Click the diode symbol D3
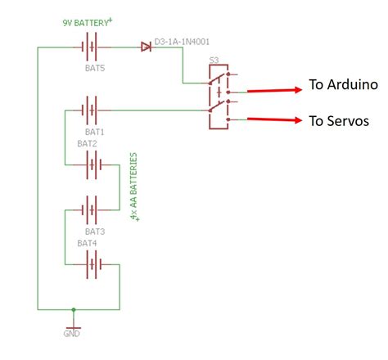(x=147, y=47)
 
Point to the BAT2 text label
(x=87, y=143)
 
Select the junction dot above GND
(x=74, y=310)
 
